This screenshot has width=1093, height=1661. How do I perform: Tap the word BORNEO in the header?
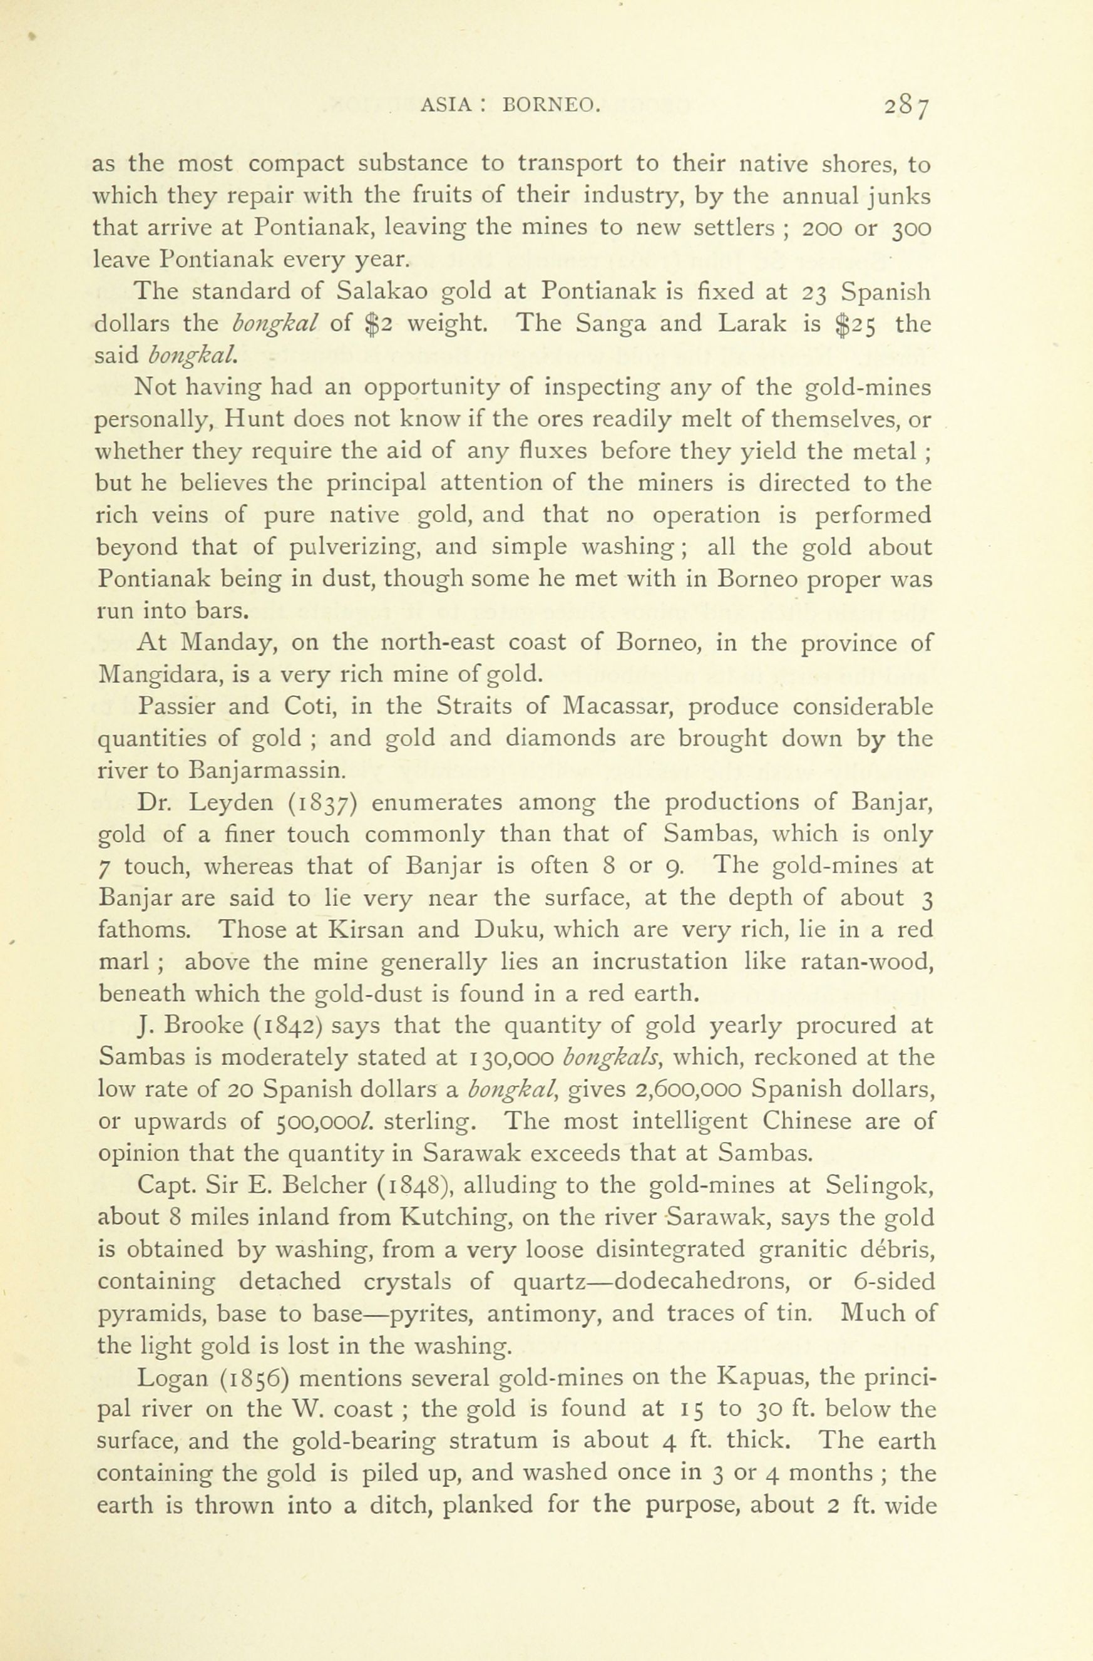[550, 106]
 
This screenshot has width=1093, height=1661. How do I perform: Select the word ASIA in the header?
[445, 106]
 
